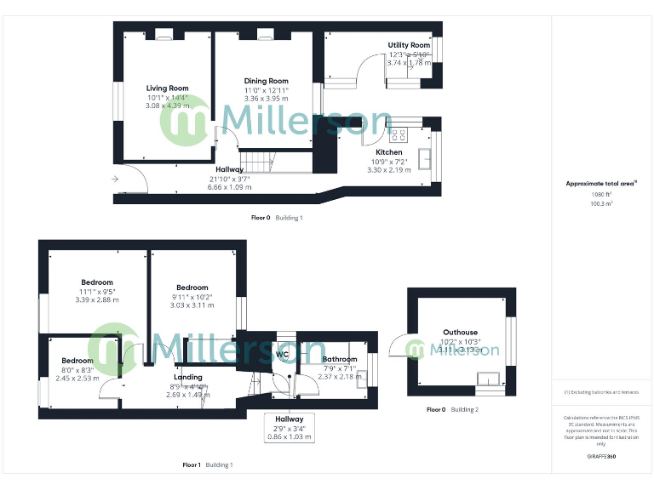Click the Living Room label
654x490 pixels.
coord(167,88)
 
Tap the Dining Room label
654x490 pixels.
coord(267,81)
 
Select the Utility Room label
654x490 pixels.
coord(409,45)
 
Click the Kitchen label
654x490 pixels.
coord(388,152)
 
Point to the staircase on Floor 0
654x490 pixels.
coord(257,160)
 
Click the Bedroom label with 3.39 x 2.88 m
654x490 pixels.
coord(97,282)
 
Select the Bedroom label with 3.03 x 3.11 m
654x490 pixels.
coord(192,288)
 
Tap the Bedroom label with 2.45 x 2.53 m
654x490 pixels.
coord(77,361)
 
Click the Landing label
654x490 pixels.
coord(188,377)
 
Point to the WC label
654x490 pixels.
coord(284,355)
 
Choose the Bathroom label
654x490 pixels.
coord(340,359)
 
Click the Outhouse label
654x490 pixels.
coord(460,333)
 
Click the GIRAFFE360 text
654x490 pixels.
coord(601,457)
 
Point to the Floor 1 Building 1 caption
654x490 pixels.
coord(207,465)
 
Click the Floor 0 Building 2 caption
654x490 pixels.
coord(452,410)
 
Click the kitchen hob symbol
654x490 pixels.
coord(399,134)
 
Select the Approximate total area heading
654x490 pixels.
coord(601,184)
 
